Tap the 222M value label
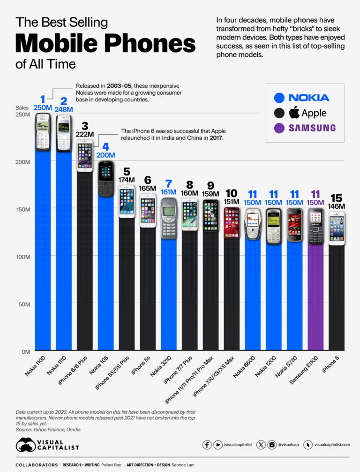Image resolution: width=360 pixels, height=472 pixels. [x=85, y=134]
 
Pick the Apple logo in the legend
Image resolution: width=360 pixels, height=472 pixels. [x=294, y=113]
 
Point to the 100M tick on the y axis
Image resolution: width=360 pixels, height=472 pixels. [x=24, y=257]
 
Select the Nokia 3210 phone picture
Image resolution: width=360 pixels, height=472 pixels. [x=169, y=218]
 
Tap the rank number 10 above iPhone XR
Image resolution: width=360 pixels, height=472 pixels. [x=232, y=193]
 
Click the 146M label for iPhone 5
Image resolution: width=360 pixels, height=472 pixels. [x=337, y=206]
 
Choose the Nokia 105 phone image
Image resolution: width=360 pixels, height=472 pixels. [x=106, y=178]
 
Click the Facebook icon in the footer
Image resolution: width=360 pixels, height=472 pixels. [x=207, y=444]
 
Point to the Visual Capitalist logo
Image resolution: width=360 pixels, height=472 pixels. [x=47, y=444]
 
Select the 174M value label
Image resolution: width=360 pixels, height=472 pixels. [x=127, y=179]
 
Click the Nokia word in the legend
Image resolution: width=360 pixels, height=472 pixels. [x=308, y=98]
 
